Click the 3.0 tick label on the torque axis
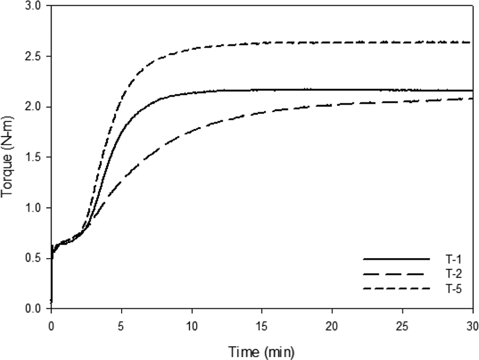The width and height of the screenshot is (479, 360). [x=32, y=6]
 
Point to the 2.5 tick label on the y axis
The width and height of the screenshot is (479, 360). [x=32, y=57]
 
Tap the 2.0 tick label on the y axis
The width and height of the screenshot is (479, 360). [x=32, y=107]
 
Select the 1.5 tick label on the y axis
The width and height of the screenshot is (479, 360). [x=32, y=157]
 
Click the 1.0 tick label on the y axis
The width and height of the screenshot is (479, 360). [x=32, y=208]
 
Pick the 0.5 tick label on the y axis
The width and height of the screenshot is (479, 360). [x=32, y=259]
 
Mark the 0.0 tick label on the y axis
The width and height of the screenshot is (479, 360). [x=32, y=309]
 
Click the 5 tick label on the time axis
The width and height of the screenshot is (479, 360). [x=121, y=326]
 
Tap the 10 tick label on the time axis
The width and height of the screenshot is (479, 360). [x=192, y=326]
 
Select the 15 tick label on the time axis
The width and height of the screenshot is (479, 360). [x=262, y=326]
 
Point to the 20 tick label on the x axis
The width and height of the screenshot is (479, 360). [x=332, y=326]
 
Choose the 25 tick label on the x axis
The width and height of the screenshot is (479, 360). [x=403, y=326]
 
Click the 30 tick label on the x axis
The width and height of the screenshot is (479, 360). [x=472, y=326]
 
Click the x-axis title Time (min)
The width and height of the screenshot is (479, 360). [x=262, y=352]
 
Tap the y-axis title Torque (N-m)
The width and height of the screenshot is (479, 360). [x=7, y=157]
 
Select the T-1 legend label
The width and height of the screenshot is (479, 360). [x=454, y=259]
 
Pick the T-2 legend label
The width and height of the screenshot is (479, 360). [x=454, y=274]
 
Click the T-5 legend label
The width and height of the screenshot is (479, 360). [x=454, y=289]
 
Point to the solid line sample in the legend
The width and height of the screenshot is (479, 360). [x=396, y=259]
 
